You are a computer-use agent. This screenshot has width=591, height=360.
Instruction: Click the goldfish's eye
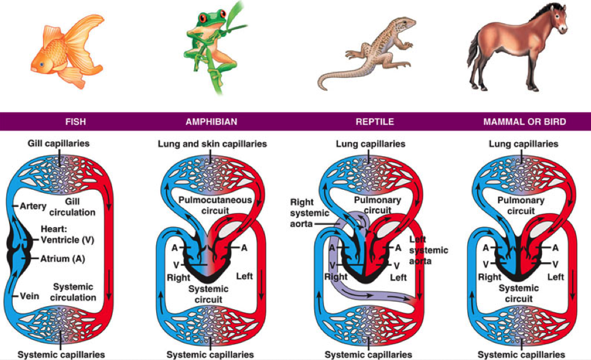point(42,64)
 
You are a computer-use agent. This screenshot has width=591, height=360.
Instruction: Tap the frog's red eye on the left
point(203,17)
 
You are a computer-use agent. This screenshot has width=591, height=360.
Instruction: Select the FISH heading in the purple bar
point(76,122)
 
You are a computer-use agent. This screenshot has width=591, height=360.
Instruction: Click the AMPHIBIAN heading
point(211,122)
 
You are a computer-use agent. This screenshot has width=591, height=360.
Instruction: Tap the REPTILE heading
point(375,122)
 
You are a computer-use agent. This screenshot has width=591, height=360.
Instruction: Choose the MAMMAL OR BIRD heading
point(525,122)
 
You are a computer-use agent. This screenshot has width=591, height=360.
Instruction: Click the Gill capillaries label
point(58,143)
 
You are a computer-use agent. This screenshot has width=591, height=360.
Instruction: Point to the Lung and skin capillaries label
point(212,144)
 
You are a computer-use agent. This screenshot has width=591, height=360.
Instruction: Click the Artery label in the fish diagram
point(33,206)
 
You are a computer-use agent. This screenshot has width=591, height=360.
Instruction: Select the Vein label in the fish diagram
point(29,296)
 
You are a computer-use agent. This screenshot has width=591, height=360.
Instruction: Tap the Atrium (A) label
point(62,258)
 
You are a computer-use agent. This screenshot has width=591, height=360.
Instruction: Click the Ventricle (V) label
point(67,240)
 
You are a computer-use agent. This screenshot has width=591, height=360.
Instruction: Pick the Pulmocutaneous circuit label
point(215,206)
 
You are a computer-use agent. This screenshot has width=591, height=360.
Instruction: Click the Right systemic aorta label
point(309,213)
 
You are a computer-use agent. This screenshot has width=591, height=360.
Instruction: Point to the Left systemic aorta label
point(429,250)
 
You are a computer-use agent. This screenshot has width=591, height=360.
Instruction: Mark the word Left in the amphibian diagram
point(244,276)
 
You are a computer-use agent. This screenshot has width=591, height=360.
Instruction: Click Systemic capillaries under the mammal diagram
point(521,354)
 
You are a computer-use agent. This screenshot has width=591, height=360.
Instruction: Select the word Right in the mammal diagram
point(489,277)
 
